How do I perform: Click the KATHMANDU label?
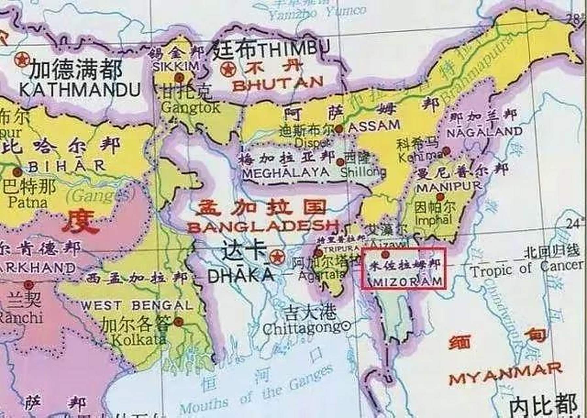click(x=80, y=89)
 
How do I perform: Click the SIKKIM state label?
click(x=176, y=66)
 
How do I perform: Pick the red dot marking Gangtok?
click(x=179, y=78)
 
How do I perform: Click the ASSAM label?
click(x=374, y=125)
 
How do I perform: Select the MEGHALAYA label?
click(x=286, y=172)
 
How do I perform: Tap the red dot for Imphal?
click(x=440, y=197)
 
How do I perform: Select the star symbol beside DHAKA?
click(x=277, y=257)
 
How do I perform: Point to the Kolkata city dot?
click(x=178, y=322)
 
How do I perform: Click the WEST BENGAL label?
click(x=137, y=306)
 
